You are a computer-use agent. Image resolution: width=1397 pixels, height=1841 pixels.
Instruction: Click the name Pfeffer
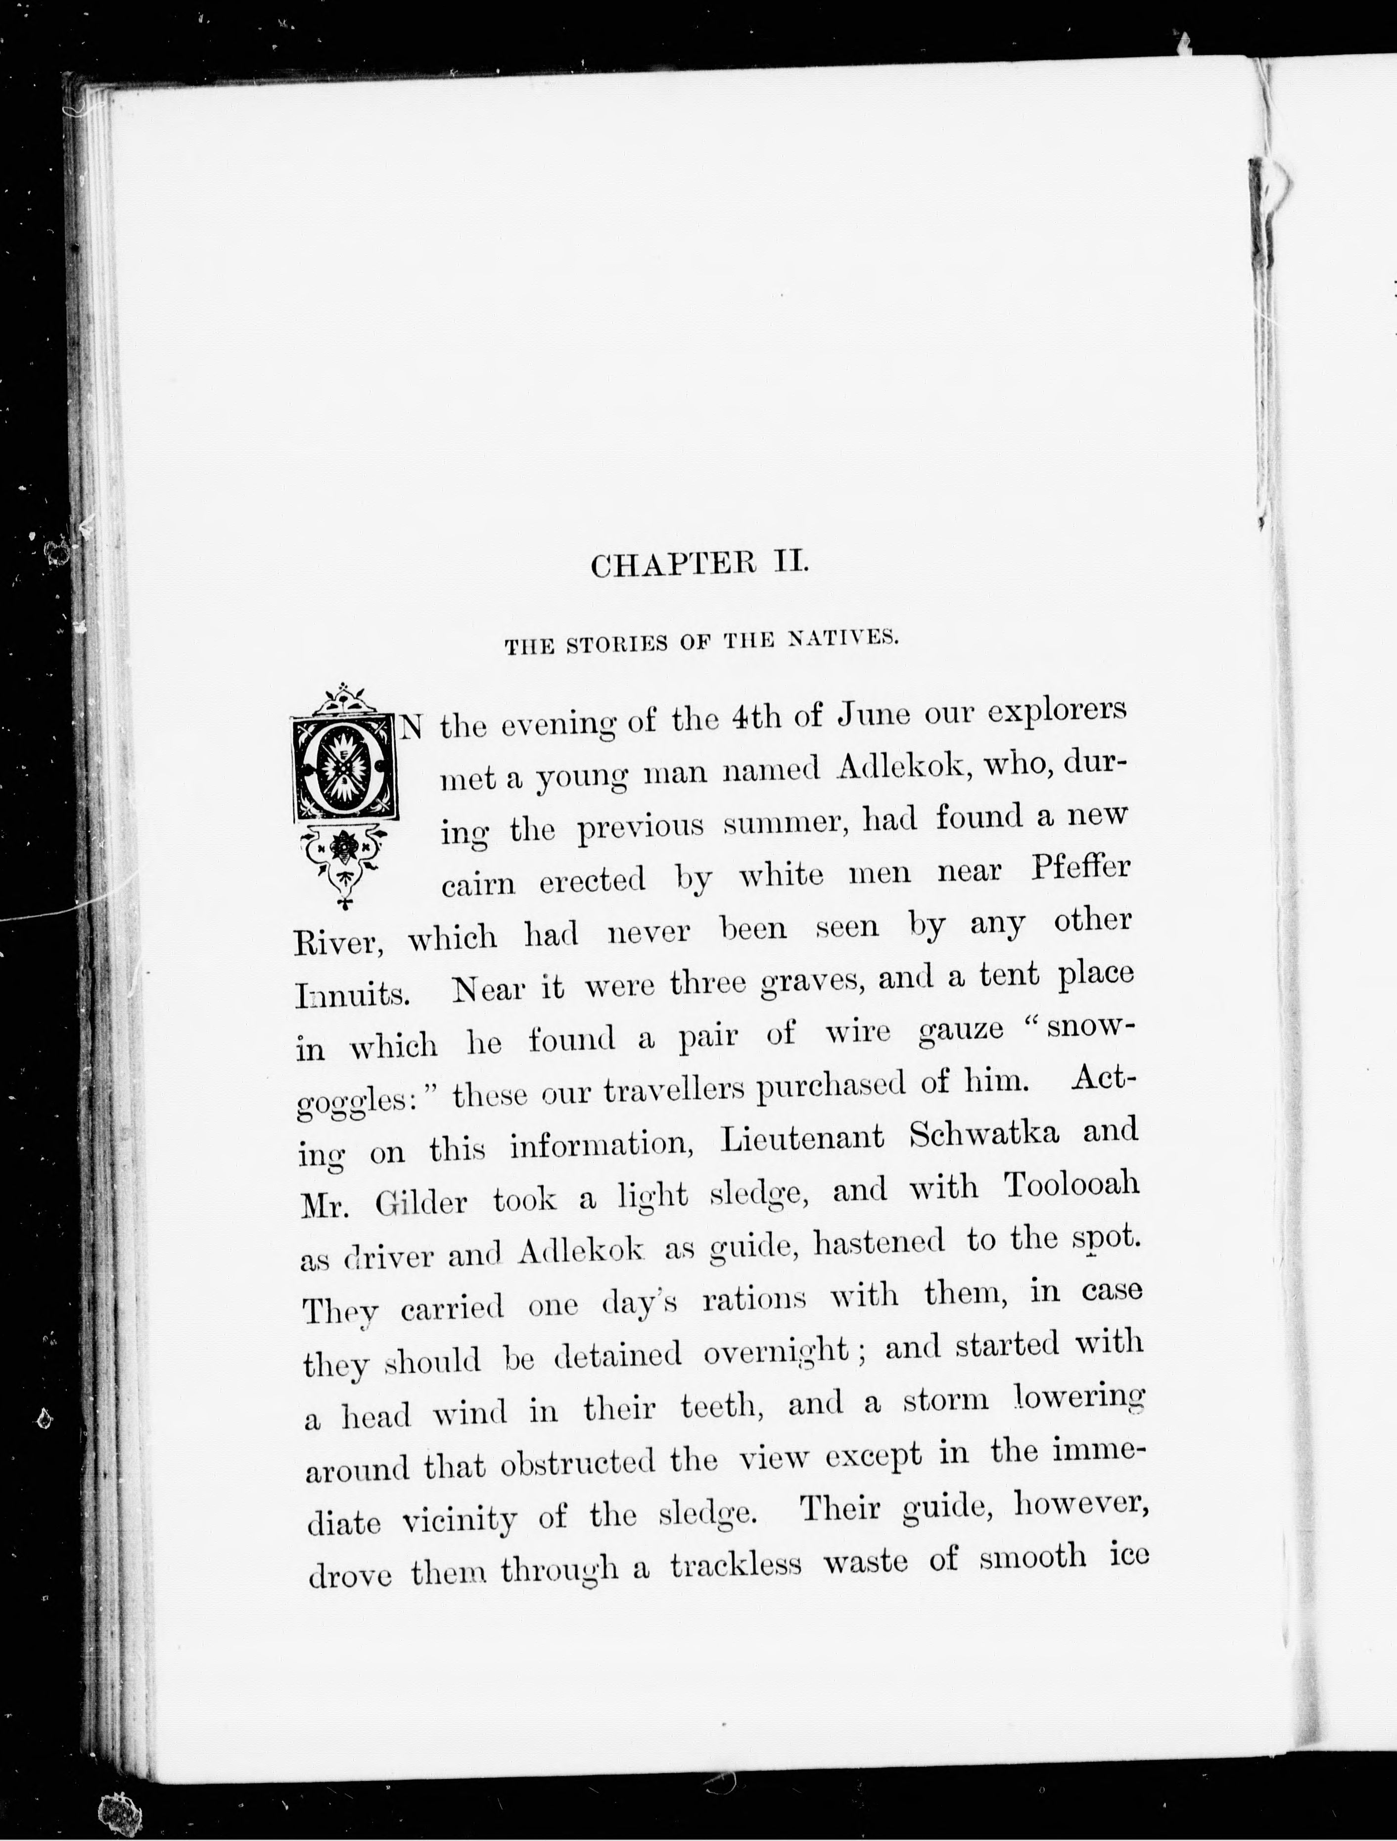[x=1080, y=869]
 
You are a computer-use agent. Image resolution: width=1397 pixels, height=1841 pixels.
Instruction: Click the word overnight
[x=776, y=1353]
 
